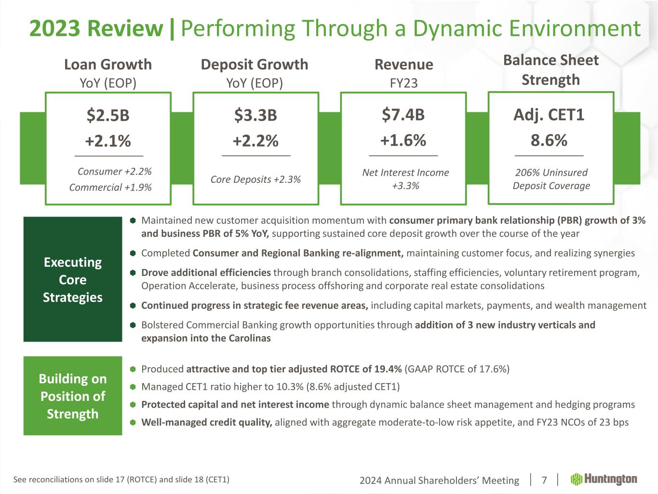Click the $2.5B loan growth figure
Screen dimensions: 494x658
click(x=108, y=115)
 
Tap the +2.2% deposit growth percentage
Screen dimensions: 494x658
click(x=255, y=141)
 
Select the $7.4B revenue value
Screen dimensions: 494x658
click(x=403, y=115)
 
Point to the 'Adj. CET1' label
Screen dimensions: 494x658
click(x=549, y=115)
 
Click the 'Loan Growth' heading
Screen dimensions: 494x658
click(x=108, y=64)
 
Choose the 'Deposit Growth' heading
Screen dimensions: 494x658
click(x=255, y=64)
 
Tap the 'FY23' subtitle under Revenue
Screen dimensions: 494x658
click(x=403, y=83)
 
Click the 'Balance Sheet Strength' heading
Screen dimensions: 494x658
click(x=551, y=70)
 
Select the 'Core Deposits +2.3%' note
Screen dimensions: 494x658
click(x=255, y=179)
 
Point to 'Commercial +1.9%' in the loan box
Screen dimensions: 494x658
click(x=110, y=187)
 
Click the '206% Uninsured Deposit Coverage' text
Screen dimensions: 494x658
click(x=551, y=179)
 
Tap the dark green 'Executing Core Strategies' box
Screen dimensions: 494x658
click(x=73, y=279)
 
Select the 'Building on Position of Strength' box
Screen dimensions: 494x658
click(x=73, y=396)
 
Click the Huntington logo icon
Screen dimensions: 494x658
click(x=576, y=479)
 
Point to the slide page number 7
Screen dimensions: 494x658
click(x=544, y=480)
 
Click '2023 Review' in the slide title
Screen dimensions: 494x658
click(x=96, y=28)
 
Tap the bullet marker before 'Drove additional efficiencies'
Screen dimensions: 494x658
click(x=133, y=273)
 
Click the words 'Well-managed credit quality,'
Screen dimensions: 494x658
click(x=206, y=423)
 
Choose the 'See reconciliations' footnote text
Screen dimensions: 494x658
click(x=121, y=480)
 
